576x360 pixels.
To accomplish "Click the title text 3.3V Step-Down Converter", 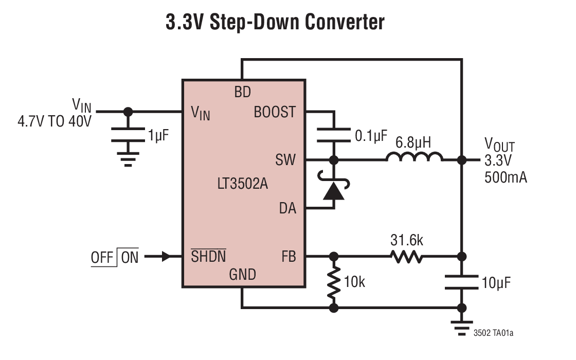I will pos(275,22).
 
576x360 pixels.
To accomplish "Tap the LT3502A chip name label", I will pos(242,184).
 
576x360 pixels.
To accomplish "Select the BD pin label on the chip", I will pos(242,93).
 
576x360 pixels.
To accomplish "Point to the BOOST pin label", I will pos(275,112).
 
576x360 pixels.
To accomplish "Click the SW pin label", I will pos(285,160).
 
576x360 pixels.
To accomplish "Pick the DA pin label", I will pos(287,208).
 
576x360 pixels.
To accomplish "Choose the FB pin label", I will pos(289,256).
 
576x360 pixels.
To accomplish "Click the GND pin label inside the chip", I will pos(242,275).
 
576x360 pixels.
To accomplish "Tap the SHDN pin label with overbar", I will pos(208,256).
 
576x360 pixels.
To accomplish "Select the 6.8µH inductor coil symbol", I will pos(415,157).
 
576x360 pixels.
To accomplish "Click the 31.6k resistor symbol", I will pos(407,256).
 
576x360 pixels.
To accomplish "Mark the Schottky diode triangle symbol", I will pos(334,191).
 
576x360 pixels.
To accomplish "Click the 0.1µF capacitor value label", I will pos(371,136).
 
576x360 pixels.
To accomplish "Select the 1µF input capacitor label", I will pos(158,136).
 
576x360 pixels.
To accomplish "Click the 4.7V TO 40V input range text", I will pos(55,122).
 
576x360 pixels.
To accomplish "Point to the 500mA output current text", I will pos(506,177).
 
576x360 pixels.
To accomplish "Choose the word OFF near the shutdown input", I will pos(102,257).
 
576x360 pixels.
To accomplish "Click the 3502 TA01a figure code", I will pos(493,333).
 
